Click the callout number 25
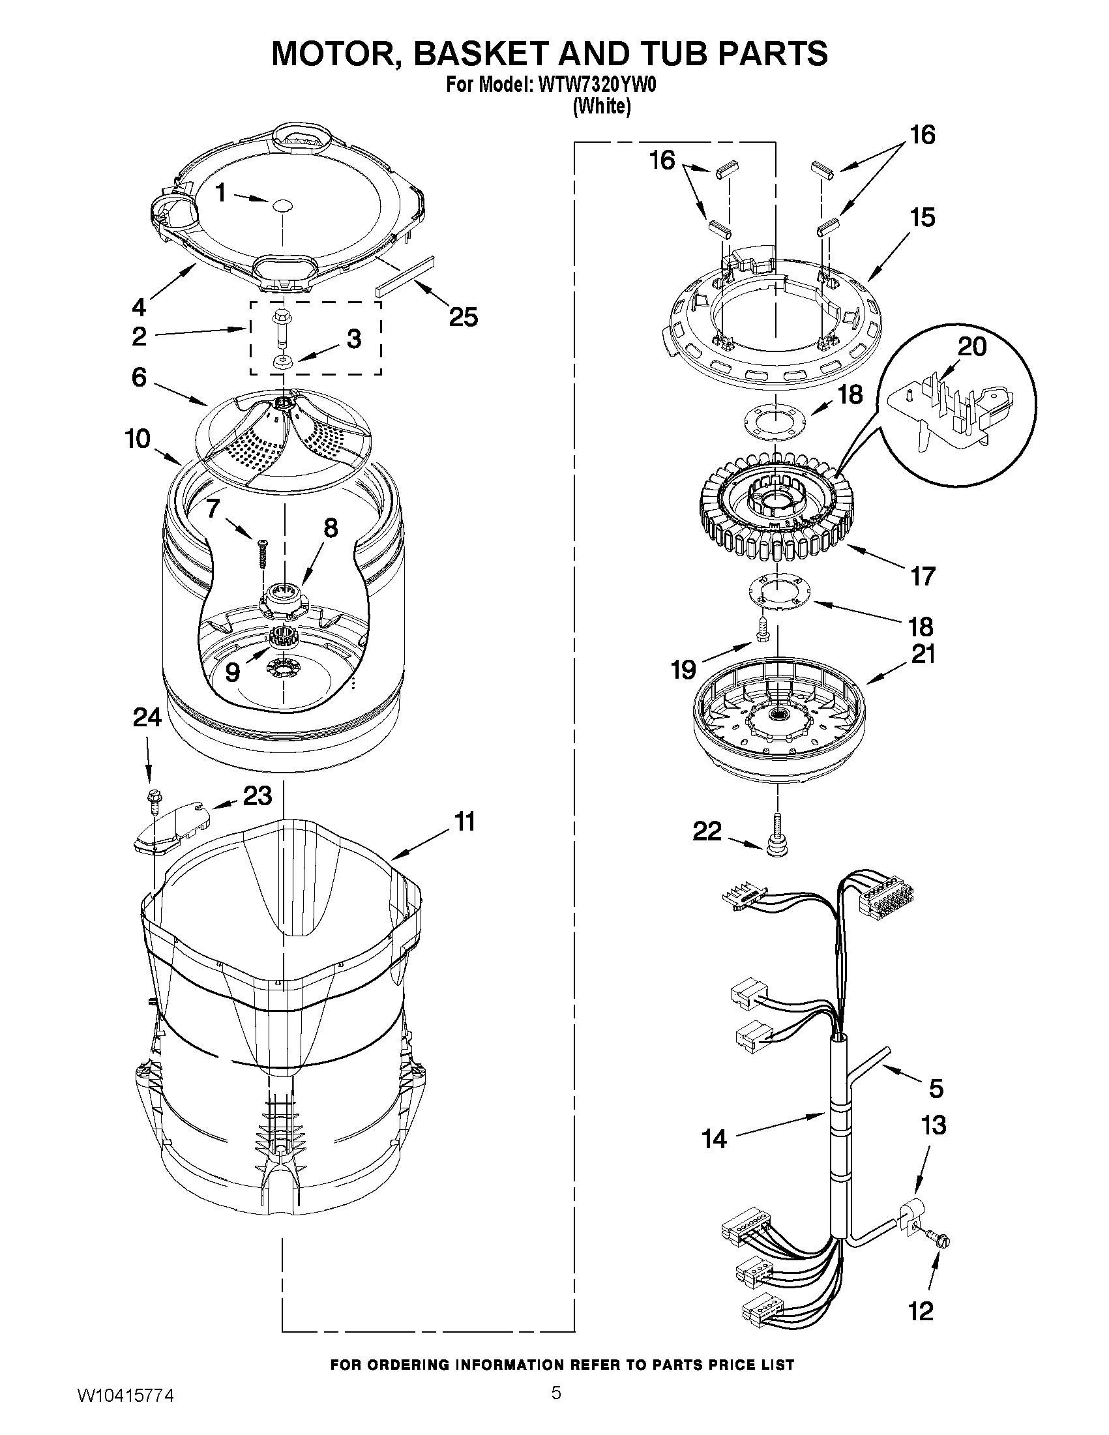(463, 318)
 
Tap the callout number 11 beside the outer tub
(465, 821)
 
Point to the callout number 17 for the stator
(923, 576)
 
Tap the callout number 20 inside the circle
(971, 346)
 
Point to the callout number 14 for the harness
(715, 1138)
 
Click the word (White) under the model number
(601, 106)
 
